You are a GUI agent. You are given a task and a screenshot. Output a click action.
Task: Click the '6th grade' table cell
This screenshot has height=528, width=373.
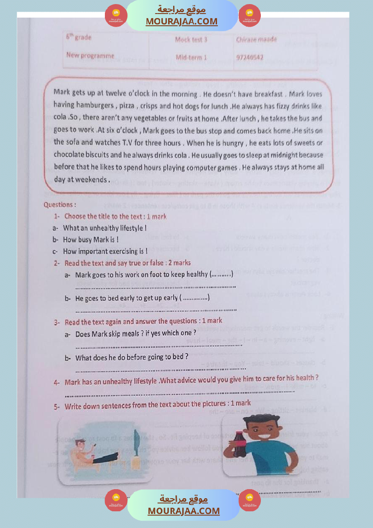(x=79, y=37)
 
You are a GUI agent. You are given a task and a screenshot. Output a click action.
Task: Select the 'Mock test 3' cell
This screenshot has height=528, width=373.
(x=191, y=40)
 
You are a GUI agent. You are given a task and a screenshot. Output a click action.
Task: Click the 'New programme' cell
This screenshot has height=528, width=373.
(x=90, y=56)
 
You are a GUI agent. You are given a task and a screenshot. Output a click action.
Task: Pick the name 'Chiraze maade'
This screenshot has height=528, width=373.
(x=256, y=40)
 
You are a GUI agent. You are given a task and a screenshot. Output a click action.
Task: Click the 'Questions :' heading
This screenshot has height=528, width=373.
(x=60, y=205)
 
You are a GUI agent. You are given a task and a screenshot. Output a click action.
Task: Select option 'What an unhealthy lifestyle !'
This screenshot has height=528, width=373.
(x=104, y=228)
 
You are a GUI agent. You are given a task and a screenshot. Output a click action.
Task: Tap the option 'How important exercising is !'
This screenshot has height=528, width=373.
(x=105, y=252)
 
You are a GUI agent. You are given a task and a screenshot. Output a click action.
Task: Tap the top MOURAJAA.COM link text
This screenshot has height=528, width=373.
(x=181, y=22)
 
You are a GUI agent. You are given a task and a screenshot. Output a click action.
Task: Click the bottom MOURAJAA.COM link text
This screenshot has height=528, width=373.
(x=184, y=511)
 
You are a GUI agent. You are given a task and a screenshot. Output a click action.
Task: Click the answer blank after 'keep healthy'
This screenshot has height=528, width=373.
(x=222, y=275)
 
